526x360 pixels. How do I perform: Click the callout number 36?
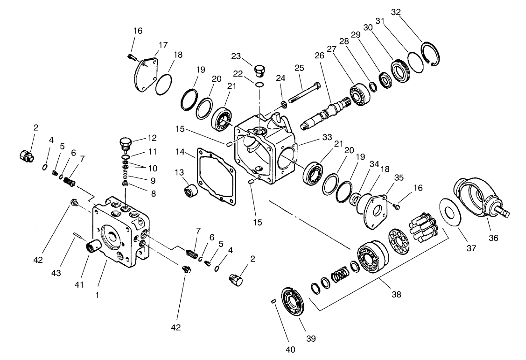493,238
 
